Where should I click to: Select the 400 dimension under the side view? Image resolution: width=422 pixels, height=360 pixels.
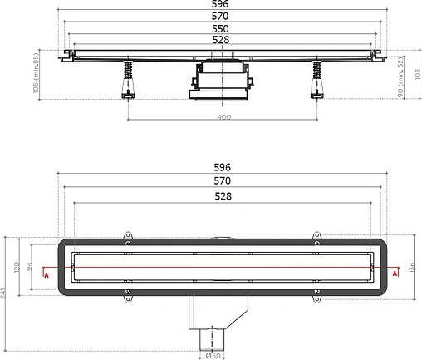(x=223, y=117)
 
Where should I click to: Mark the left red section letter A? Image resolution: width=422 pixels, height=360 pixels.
(x=47, y=274)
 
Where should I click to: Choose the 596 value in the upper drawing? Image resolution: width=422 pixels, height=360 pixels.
(x=223, y=4)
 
